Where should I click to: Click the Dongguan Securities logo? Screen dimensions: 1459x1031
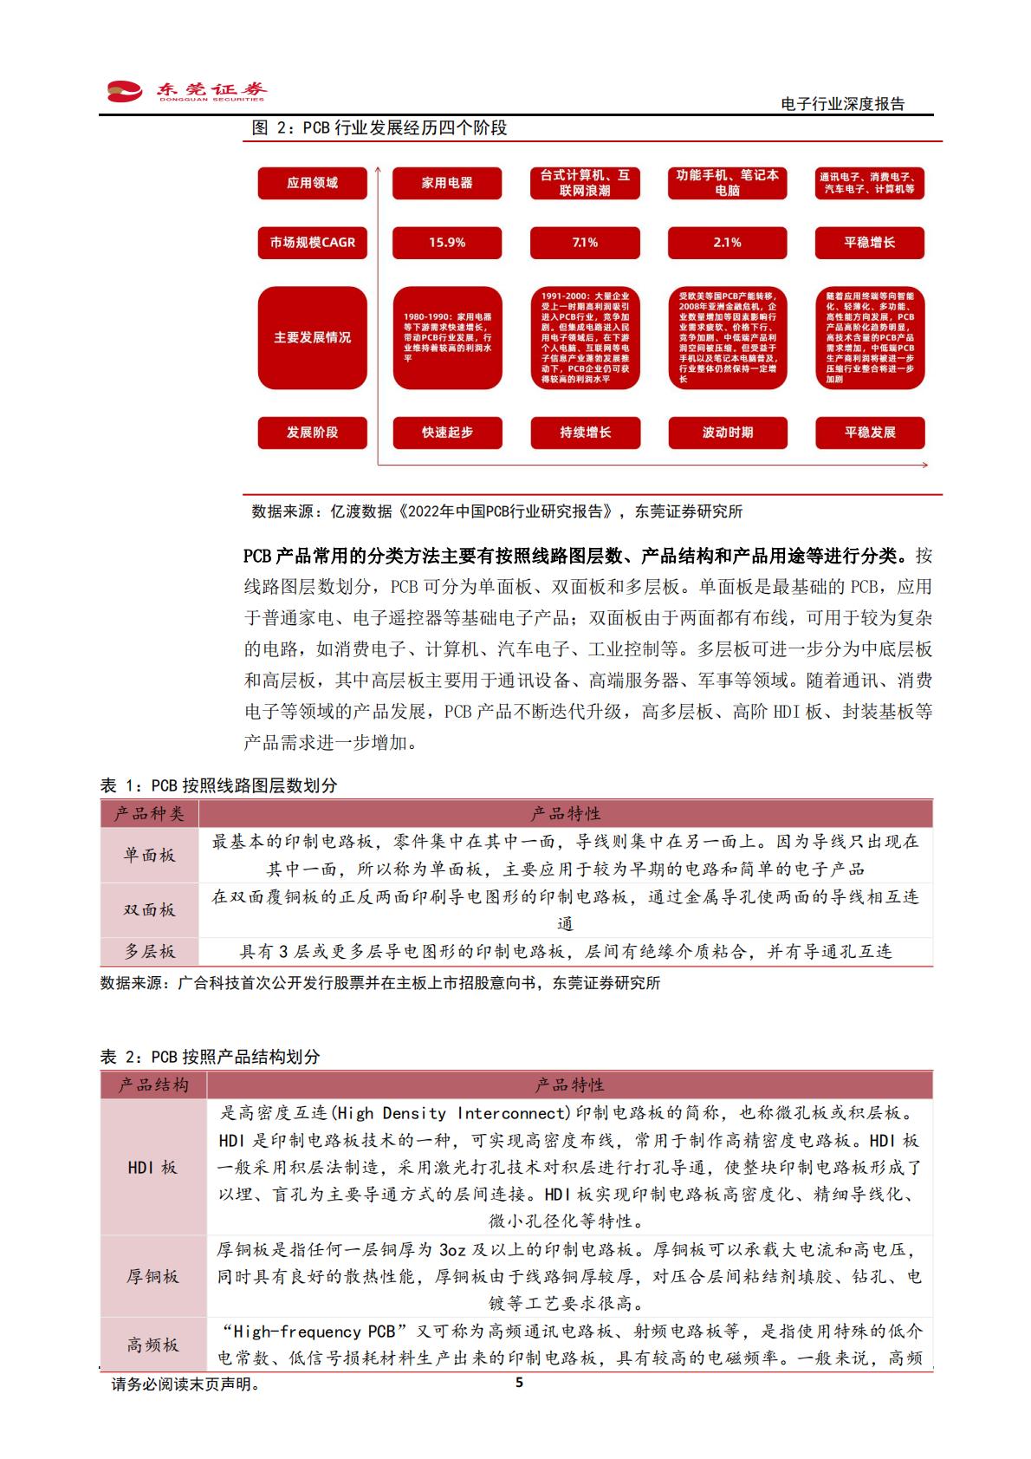pos(185,91)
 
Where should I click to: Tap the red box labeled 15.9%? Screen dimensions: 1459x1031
pos(447,243)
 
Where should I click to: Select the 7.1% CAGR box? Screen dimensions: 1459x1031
pos(585,243)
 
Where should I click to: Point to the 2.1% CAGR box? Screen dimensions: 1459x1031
pos(727,243)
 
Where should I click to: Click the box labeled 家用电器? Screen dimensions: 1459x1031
pos(447,183)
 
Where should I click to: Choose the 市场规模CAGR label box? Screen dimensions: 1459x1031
pos(312,243)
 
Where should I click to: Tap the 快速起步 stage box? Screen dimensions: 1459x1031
pos(447,433)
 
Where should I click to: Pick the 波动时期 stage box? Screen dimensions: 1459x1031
pos(727,433)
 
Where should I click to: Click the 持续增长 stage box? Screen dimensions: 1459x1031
pos(585,433)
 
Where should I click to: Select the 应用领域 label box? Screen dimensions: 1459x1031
pos(312,183)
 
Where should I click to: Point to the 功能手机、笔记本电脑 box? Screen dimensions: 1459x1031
pos(727,183)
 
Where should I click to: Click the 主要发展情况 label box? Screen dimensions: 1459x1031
pos(312,337)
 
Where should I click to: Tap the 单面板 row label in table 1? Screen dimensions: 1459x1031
pos(149,855)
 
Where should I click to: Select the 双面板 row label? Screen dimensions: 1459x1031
pos(149,909)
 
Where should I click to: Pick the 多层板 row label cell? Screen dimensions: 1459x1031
pos(149,952)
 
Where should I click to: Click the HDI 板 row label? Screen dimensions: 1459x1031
pos(152,1168)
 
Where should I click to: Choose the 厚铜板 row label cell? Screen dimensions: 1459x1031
pos(152,1276)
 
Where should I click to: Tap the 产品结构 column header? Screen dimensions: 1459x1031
pos(152,1085)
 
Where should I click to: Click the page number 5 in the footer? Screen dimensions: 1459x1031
pos(519,1384)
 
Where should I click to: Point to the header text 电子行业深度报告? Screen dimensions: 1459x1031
pos(842,104)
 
